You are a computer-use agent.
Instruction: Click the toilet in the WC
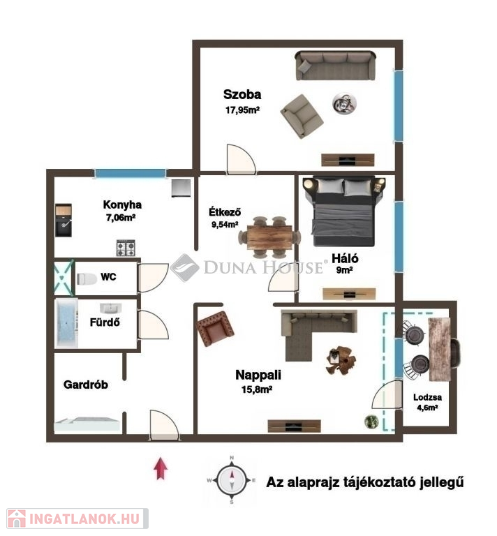[x=87, y=279]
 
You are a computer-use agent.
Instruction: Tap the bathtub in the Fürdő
[x=67, y=323]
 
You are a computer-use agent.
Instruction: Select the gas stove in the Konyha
[x=126, y=248]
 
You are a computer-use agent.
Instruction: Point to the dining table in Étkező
[x=269, y=237]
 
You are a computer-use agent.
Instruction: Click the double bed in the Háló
[x=344, y=211]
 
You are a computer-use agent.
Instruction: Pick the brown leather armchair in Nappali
[x=216, y=329]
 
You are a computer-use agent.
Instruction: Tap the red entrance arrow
[x=161, y=468]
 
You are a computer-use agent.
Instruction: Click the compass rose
[x=232, y=479]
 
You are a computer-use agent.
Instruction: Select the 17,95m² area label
[x=242, y=110]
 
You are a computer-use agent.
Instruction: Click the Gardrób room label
[x=86, y=385]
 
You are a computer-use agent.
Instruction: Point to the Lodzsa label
[x=427, y=397]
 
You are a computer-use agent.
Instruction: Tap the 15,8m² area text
[x=257, y=389]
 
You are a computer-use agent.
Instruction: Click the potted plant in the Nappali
[x=371, y=422]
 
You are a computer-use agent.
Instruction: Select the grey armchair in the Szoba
[x=302, y=117]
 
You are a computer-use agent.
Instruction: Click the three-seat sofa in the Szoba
[x=336, y=66]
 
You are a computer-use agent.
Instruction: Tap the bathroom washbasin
[x=111, y=308]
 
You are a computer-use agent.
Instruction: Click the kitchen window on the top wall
[x=130, y=173]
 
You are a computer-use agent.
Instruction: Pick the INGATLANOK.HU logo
[x=77, y=519]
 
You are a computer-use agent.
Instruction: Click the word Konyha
[x=122, y=204]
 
